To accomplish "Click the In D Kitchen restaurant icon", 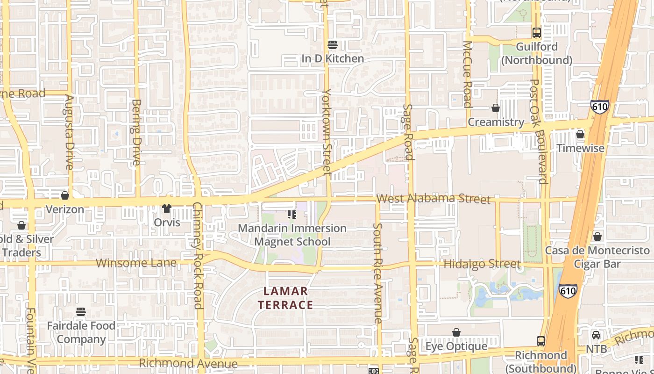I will click(x=333, y=45).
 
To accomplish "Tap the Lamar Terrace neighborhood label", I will click(x=286, y=298).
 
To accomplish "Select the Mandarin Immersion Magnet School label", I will click(x=292, y=235).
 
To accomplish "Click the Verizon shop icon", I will click(x=65, y=195).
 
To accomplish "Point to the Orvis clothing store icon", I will click(x=167, y=209).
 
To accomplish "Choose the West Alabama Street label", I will click(x=433, y=199).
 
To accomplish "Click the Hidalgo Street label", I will click(x=482, y=264).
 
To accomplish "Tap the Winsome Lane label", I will click(x=136, y=263).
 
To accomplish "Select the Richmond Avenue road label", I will click(x=188, y=363).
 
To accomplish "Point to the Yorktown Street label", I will click(x=327, y=133).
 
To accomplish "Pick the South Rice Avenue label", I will click(x=377, y=273).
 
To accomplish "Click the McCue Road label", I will click(x=467, y=74).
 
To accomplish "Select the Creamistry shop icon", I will click(x=496, y=108).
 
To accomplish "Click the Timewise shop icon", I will click(x=580, y=135).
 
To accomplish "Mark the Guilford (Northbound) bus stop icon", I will click(x=537, y=33).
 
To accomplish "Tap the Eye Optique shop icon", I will click(x=456, y=332).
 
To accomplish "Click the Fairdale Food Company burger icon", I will click(x=81, y=311).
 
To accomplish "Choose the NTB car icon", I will click(x=596, y=335).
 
